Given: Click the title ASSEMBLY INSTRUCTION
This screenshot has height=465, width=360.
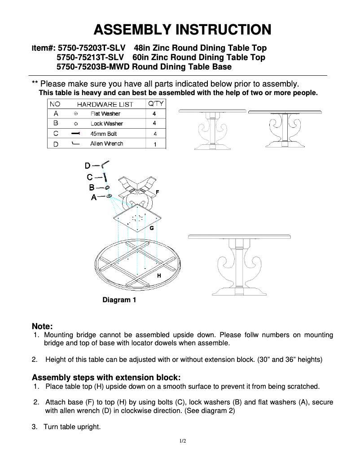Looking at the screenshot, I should [x=182, y=30].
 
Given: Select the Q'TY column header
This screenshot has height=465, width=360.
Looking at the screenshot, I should [x=155, y=104].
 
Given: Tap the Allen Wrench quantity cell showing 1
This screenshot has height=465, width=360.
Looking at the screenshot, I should [x=155, y=144].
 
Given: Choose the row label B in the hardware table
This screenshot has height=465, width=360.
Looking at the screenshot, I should [x=56, y=123].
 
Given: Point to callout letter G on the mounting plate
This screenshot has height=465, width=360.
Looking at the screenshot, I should [x=152, y=228].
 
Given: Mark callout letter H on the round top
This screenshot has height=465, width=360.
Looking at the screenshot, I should [x=158, y=276].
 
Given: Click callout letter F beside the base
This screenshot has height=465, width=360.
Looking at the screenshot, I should [x=157, y=192].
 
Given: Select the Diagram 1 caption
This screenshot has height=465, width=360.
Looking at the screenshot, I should [x=119, y=300].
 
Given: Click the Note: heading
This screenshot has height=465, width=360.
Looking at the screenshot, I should [x=42, y=326].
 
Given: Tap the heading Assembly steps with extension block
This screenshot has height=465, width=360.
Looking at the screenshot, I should [x=106, y=377].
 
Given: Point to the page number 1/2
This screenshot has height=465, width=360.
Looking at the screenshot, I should [x=182, y=441].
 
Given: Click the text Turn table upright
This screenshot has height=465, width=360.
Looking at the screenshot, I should [x=72, y=426].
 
